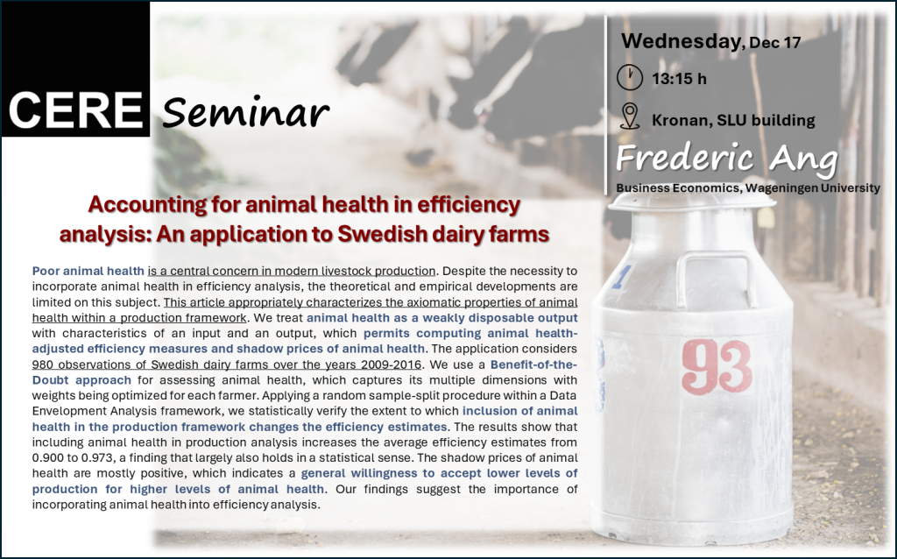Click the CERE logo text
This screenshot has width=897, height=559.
click(75, 110)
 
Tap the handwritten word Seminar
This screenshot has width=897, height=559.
click(245, 111)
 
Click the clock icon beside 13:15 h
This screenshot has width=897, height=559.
click(630, 77)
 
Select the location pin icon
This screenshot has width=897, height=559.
click(630, 117)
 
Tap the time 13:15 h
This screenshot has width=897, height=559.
click(679, 78)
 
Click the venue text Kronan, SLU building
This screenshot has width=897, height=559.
click(733, 120)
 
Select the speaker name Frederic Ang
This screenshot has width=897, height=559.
click(726, 159)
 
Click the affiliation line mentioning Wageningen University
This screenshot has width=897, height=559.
click(748, 188)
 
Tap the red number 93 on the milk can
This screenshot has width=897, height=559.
click(717, 367)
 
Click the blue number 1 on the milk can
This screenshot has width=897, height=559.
click(621, 277)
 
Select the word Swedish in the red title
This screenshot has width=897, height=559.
click(385, 234)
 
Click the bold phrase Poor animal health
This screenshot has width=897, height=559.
click(88, 271)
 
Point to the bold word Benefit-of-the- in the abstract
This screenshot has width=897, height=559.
click(533, 364)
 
